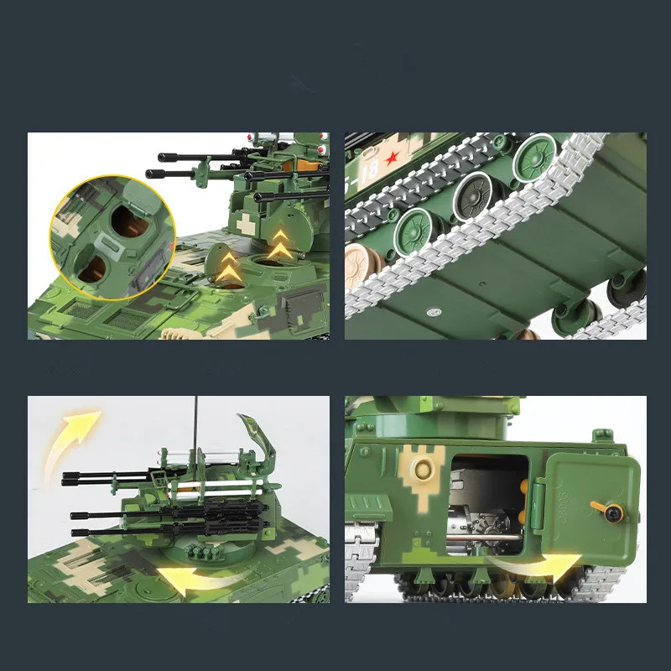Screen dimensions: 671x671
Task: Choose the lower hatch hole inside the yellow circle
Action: coord(89,269)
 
